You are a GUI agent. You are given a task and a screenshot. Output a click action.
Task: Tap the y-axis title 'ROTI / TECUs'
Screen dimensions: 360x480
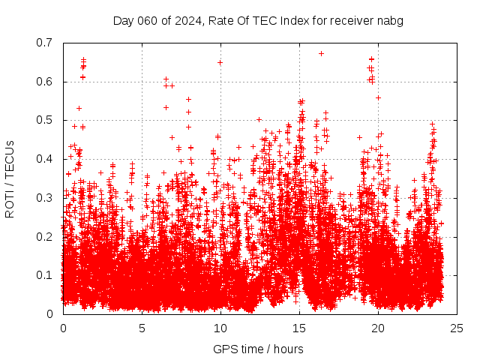coord(10,178)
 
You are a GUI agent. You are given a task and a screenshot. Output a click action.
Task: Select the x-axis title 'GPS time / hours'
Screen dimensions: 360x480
coord(258,349)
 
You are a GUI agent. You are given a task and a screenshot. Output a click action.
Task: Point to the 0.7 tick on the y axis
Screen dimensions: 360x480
coord(47,43)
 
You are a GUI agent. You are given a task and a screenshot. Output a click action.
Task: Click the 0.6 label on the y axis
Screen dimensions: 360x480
coord(47,82)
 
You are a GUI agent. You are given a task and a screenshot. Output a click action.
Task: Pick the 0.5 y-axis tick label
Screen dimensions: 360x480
coord(47,120)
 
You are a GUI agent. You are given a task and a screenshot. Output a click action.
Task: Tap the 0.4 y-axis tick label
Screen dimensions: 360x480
coord(47,159)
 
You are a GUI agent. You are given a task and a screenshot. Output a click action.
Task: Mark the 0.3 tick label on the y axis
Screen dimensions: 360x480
coord(47,198)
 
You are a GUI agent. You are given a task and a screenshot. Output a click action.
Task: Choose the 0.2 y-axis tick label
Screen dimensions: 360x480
coord(47,237)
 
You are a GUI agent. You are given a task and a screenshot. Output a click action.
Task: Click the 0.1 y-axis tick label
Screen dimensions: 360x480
coord(47,275)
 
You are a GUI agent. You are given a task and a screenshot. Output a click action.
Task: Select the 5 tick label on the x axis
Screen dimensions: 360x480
coord(142,328)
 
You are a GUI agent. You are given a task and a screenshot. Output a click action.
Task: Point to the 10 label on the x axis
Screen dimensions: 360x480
coord(220,328)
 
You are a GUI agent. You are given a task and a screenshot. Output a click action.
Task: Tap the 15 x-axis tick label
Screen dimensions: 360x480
coord(299,328)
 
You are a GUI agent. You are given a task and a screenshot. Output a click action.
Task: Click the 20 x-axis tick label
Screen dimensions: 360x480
coord(378,328)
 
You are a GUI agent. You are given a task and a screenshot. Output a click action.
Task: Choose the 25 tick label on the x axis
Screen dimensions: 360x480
coord(457,328)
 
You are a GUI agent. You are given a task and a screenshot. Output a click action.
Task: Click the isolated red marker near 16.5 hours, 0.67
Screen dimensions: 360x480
coord(321,53)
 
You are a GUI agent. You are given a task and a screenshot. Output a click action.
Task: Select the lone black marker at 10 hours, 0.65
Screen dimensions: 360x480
coord(220,62)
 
